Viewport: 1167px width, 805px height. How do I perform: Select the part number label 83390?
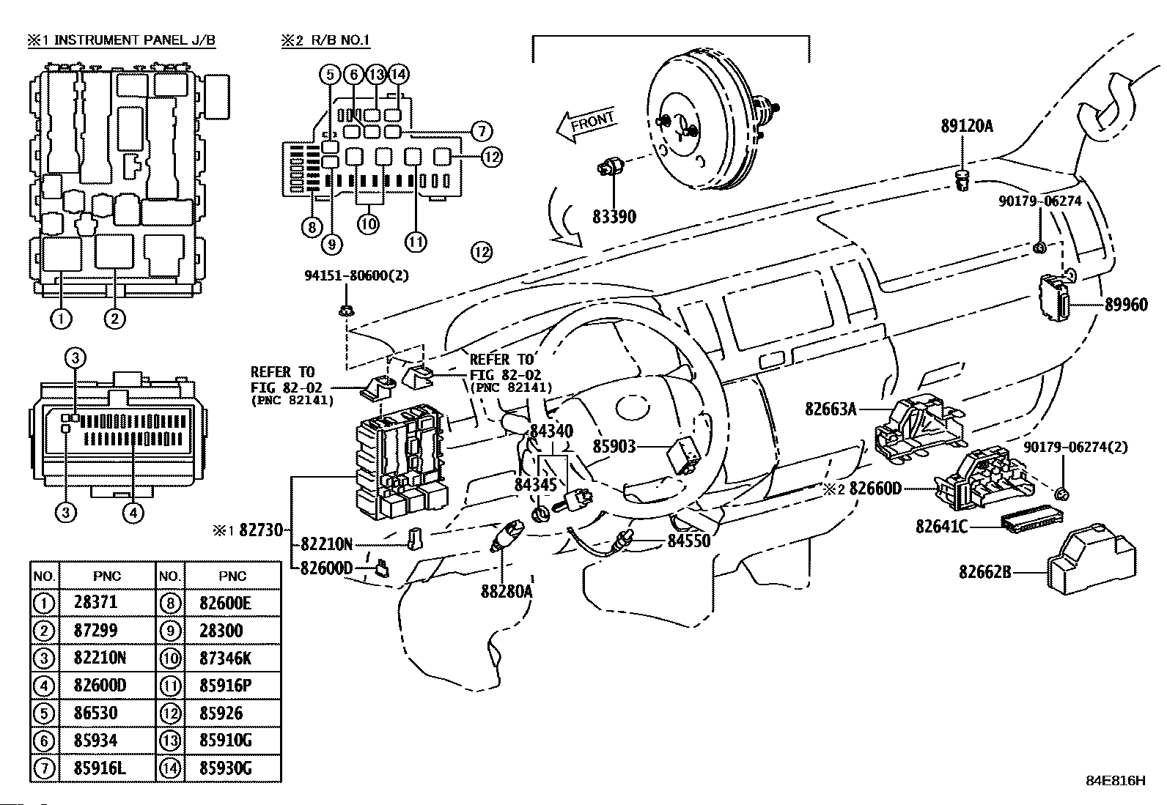[614, 216]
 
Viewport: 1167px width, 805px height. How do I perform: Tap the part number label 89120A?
[967, 126]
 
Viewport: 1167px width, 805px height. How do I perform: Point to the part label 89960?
[1126, 305]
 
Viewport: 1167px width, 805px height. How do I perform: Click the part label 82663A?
[831, 409]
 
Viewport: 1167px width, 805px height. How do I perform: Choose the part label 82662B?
[984, 571]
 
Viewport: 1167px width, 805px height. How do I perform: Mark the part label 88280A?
[507, 590]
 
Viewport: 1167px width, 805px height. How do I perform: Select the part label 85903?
[615, 446]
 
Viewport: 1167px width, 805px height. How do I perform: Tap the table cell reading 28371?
[95, 603]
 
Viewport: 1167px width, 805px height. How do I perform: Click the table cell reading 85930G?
[225, 768]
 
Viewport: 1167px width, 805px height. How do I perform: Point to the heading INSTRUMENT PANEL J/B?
[135, 40]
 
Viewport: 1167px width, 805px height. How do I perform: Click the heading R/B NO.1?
[336, 40]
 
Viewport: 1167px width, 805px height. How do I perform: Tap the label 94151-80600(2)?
[356, 275]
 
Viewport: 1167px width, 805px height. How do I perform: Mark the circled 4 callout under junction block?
[133, 513]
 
